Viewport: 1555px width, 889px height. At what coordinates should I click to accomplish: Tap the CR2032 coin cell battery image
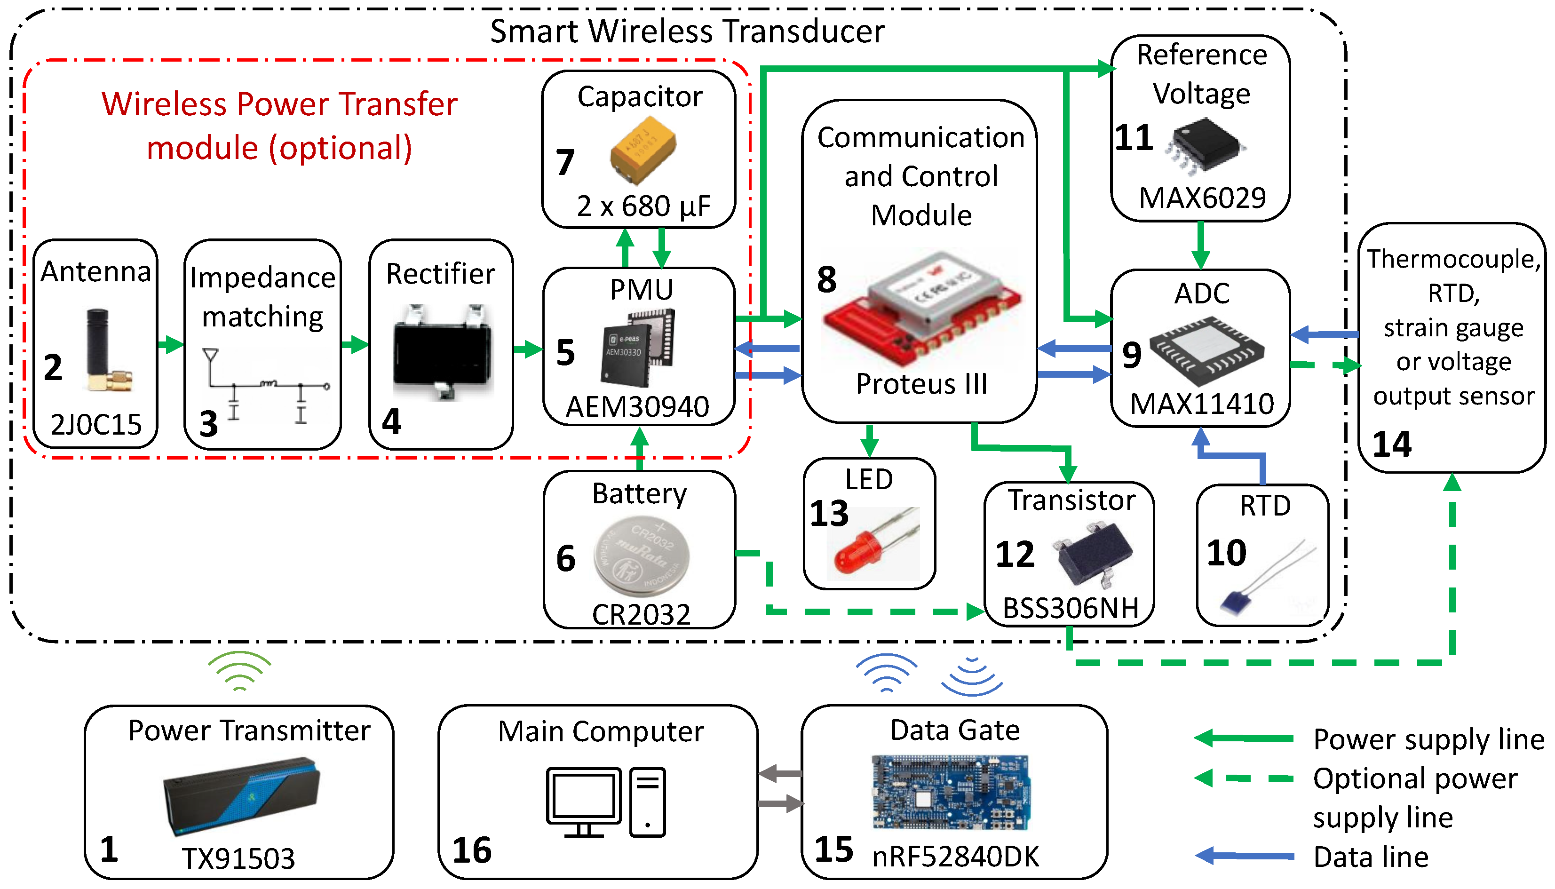(x=641, y=556)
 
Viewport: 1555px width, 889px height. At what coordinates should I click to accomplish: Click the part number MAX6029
(x=1201, y=198)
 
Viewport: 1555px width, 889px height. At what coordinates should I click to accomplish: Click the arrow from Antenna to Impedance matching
(x=170, y=344)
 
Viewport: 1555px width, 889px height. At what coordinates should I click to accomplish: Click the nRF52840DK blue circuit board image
(x=951, y=792)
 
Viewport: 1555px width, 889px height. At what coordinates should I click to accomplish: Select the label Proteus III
(x=920, y=384)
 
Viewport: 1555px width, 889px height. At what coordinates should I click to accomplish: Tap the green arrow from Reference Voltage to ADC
(x=1200, y=245)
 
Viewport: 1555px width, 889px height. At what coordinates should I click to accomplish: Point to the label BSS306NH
(x=1070, y=608)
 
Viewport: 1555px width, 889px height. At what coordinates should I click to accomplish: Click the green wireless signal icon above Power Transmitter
(x=239, y=670)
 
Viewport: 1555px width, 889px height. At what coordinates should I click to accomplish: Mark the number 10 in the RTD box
(x=1226, y=553)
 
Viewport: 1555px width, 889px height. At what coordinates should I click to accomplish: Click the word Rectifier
(x=440, y=274)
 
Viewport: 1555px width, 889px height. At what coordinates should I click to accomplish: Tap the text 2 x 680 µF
(x=643, y=206)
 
